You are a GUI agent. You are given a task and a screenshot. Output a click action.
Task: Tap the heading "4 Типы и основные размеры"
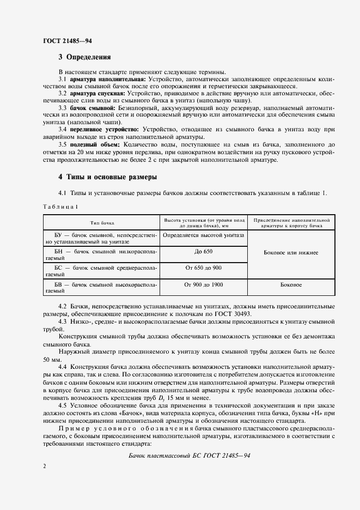tap(107, 177)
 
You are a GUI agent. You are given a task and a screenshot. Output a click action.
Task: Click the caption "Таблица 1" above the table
tap(60, 207)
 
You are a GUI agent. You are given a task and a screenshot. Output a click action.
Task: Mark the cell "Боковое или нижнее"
tap(291, 253)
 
